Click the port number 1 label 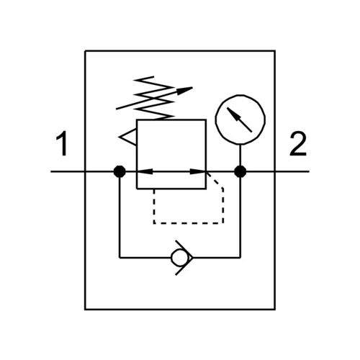(x=63, y=143)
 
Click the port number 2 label (x=298, y=143)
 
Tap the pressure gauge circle (x=240, y=95)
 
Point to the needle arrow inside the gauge (x=239, y=120)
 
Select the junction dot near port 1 (x=120, y=171)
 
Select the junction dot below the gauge (x=240, y=171)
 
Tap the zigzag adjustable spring (x=153, y=98)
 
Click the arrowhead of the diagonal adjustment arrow (x=185, y=90)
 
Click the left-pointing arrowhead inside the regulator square (x=145, y=171)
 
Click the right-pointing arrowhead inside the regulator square (x=198, y=171)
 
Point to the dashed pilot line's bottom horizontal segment (x=189, y=223)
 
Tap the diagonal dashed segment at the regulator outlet (x=215, y=180)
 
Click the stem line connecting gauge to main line (x=240, y=155)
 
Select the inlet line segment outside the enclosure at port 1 (x=68, y=171)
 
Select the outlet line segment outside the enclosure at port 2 (x=292, y=171)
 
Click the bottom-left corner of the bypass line (x=120, y=258)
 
